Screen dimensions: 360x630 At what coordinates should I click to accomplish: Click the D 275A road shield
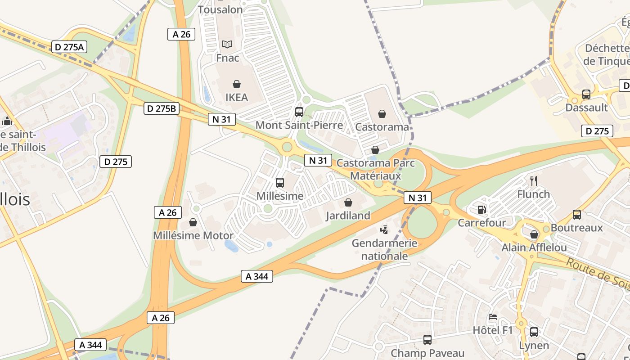(69, 47)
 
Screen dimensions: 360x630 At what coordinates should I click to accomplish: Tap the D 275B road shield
(162, 108)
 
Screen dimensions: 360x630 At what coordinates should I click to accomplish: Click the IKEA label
(237, 97)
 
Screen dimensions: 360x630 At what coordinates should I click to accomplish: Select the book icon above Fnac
(227, 44)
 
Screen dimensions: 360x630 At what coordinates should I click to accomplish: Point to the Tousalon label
(220, 9)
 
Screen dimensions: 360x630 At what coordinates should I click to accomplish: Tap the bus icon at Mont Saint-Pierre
(299, 112)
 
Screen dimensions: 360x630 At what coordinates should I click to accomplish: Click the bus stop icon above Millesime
(280, 183)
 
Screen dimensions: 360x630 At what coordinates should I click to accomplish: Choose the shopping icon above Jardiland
(348, 203)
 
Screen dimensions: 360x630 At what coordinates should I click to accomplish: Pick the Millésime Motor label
(193, 235)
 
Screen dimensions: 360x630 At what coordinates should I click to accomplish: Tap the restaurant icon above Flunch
(534, 181)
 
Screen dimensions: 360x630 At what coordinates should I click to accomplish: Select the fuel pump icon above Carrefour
(481, 210)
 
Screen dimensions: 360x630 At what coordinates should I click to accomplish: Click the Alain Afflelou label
(534, 248)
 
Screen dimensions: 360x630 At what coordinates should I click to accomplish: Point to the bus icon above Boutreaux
(577, 215)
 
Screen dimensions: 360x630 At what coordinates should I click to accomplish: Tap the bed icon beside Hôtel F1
(493, 317)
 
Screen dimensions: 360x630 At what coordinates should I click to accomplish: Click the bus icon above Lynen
(534, 333)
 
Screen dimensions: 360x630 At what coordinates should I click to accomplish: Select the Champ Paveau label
(427, 353)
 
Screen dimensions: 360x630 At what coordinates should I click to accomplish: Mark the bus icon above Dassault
(586, 94)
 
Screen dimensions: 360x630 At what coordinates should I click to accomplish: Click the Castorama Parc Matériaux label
(375, 169)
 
